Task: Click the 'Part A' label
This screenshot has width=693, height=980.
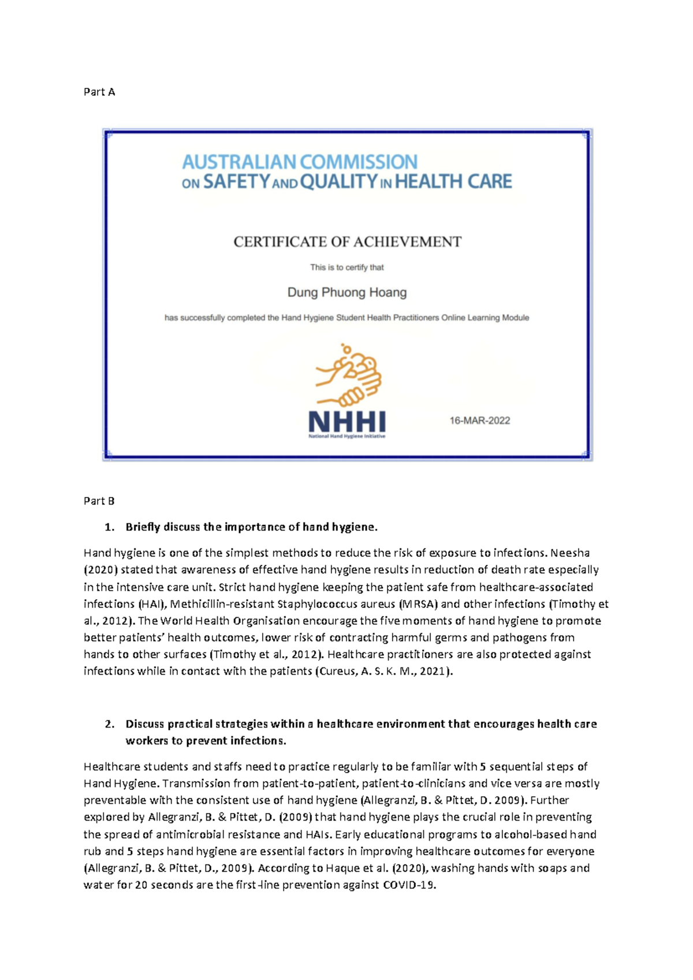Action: pos(99,92)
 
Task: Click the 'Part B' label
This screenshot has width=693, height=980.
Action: pos(99,501)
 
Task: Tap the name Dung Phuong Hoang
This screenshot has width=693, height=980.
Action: pos(347,292)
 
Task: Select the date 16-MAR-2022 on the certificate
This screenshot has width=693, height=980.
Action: pos(480,421)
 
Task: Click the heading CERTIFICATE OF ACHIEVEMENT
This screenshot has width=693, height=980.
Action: pos(347,242)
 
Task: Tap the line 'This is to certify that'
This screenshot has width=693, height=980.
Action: pos(347,268)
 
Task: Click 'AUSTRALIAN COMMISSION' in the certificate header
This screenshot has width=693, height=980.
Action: pos(300,162)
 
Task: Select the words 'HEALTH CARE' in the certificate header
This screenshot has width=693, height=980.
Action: pos(453,182)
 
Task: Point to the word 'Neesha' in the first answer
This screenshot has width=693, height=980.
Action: pos(570,553)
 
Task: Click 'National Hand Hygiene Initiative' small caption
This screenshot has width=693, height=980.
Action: pos(347,437)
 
